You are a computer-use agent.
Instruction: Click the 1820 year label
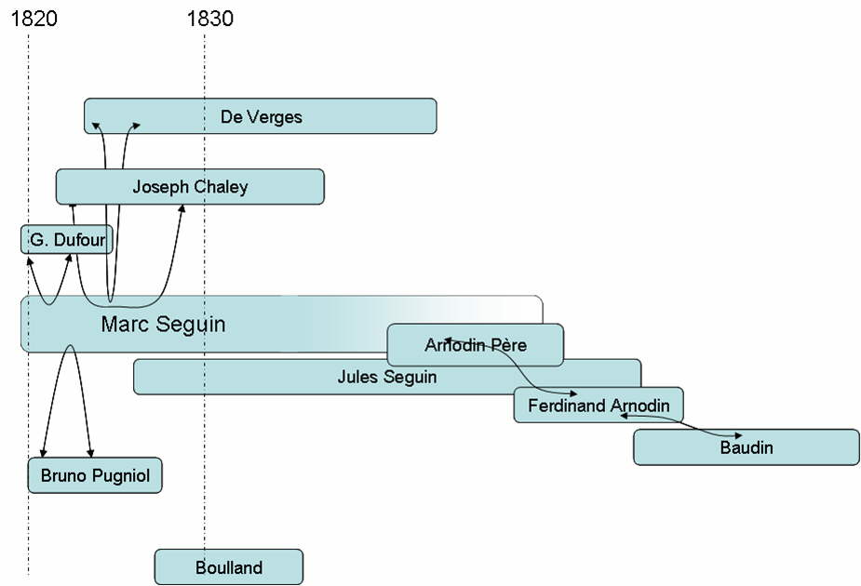coord(34,18)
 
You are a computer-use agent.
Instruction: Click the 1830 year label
coord(210,18)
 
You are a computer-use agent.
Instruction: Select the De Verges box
coord(261,116)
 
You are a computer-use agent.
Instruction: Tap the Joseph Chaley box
coord(190,186)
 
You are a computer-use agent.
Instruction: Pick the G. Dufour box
coord(66,240)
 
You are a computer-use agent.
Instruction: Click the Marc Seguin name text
coord(163,325)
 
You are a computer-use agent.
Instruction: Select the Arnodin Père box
coord(475,345)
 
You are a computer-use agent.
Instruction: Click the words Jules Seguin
coord(386,378)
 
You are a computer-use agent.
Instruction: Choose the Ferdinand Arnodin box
coord(598,406)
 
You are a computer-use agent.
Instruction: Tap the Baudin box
coord(746,447)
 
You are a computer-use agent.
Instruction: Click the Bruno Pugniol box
coord(95,475)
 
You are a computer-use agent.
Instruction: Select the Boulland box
coord(229,567)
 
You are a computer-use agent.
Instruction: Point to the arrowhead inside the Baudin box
coord(739,435)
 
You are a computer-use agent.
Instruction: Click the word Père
coord(507,346)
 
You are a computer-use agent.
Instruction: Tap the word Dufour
coord(78,241)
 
